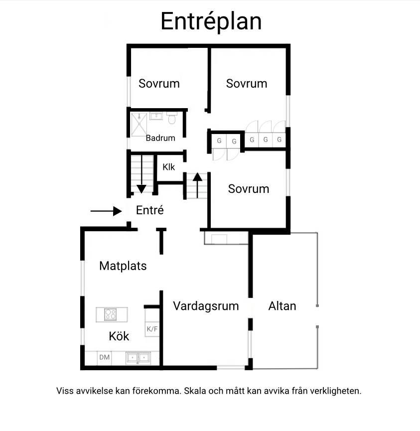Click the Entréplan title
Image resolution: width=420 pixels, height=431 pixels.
point(211,22)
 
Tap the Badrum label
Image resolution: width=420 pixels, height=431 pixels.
point(160,138)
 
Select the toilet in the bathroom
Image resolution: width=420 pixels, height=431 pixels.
point(172,118)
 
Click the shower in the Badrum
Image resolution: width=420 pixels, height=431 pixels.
point(139,125)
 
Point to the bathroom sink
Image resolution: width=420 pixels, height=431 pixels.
point(156,116)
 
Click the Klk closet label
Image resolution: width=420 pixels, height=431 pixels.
point(168,167)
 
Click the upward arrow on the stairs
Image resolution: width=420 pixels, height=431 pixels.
point(197,185)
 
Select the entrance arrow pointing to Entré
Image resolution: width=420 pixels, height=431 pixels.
point(106,211)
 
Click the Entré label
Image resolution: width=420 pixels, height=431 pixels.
point(150,210)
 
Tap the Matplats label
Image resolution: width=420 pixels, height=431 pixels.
point(123,266)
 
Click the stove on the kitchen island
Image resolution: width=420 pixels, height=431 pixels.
point(111,314)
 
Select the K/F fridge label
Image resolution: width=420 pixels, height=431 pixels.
point(152,329)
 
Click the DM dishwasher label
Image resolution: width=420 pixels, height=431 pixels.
point(105,357)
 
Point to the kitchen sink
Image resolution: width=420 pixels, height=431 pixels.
point(138,358)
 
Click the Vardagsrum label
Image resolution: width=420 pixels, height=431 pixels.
point(206,306)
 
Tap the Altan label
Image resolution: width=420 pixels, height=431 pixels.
point(282,306)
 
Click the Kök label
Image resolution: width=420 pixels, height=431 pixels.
point(119,336)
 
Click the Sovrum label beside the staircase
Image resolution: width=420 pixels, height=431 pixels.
point(249,189)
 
